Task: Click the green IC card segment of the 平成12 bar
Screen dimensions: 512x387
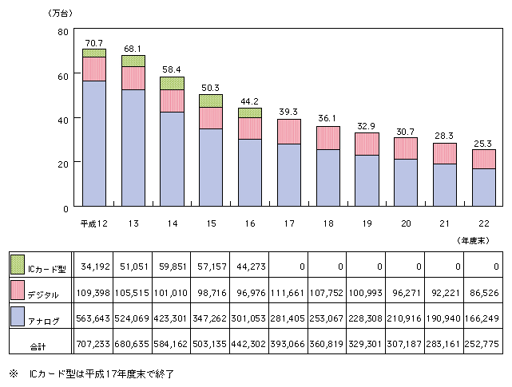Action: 94,53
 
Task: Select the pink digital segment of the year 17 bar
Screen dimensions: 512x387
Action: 289,132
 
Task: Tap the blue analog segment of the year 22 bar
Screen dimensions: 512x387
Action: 484,188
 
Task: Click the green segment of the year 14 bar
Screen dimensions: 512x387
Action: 172,84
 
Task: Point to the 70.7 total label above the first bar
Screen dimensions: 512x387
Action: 94,43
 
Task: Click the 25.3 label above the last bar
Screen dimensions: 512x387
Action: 483,144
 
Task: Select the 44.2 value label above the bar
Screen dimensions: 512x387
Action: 250,101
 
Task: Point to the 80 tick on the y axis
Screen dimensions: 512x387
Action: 63,32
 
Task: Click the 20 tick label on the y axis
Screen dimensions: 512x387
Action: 63,164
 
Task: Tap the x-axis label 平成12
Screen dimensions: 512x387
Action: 94,223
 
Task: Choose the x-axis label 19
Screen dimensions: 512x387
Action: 367,223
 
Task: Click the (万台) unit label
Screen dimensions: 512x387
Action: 60,14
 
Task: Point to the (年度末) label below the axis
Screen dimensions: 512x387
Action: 474,241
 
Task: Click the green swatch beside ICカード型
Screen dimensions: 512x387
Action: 18,264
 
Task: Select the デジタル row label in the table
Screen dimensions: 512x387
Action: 43,295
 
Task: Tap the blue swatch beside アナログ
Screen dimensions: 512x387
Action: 18,316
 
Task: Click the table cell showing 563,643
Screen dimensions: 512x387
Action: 93,318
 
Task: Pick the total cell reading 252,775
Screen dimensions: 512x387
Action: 482,344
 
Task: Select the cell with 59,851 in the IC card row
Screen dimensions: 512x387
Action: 173,267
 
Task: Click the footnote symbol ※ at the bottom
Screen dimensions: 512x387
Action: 14,373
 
